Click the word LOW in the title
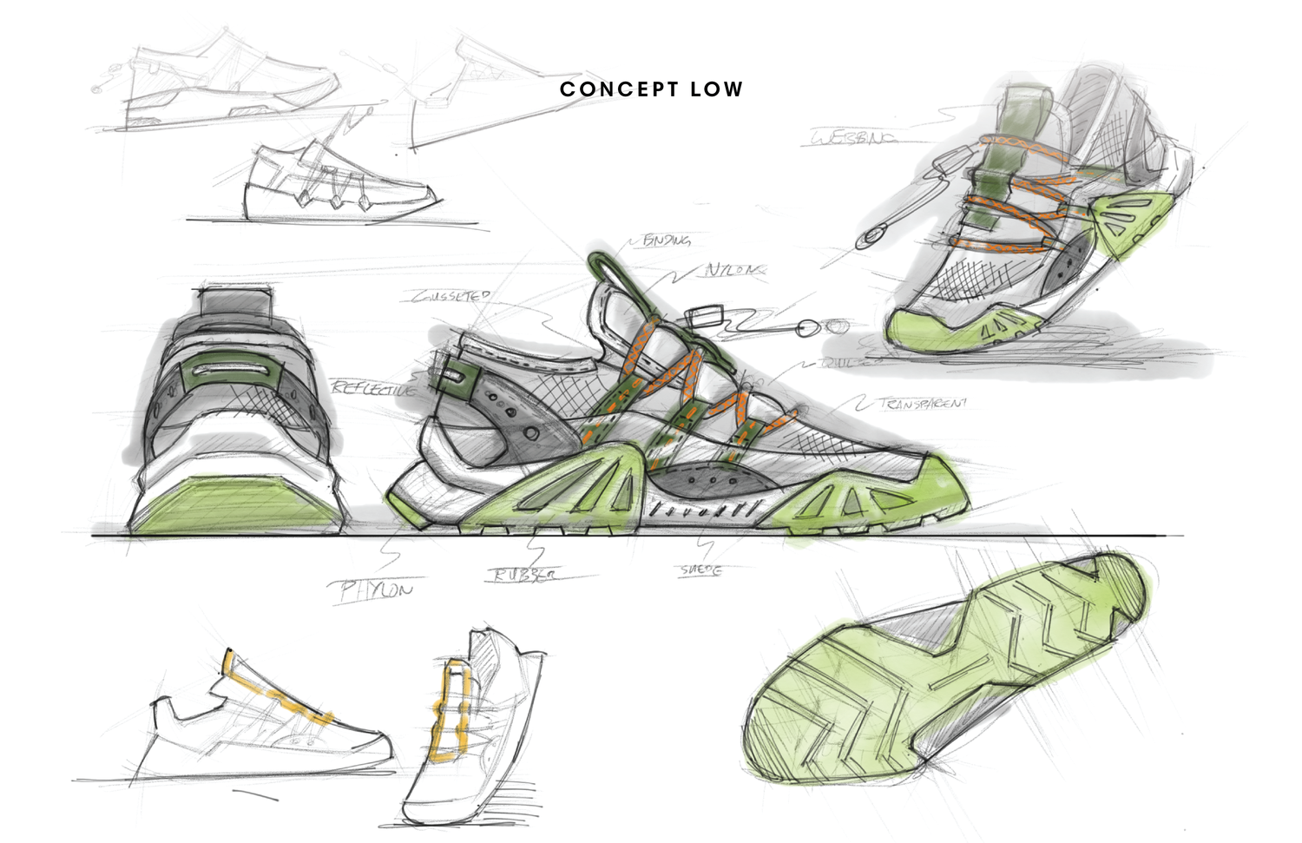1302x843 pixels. point(717,89)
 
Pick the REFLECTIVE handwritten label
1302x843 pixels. point(372,388)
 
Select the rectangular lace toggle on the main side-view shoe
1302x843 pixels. point(709,315)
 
